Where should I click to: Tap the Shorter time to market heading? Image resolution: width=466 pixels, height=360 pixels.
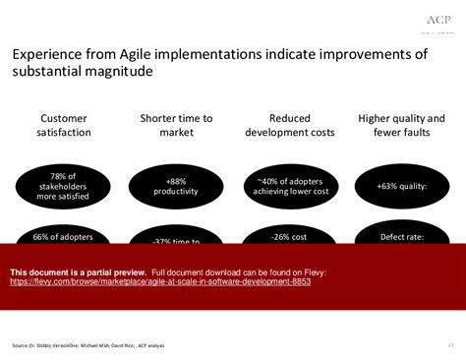tap(176, 125)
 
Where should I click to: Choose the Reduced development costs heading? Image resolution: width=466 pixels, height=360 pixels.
tap(289, 125)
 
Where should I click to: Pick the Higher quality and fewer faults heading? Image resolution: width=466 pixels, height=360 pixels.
tap(401, 125)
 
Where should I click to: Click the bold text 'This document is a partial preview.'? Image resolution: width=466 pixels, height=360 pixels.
tap(79, 271)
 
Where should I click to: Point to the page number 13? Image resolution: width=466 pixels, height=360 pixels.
tap(449, 344)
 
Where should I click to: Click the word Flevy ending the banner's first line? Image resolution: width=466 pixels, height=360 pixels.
tap(315, 271)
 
